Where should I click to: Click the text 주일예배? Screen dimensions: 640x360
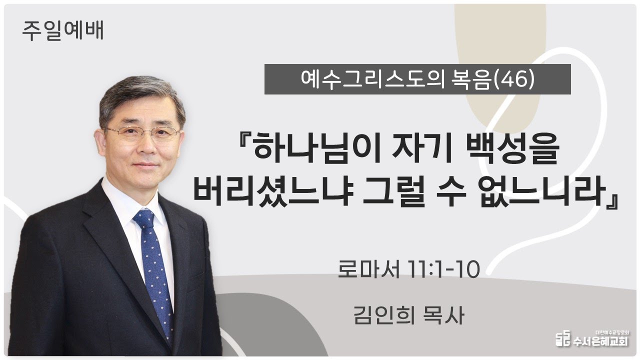coord(63,30)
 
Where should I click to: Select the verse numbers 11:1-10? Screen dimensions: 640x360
coord(444,269)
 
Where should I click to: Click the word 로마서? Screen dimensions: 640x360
coord(368,269)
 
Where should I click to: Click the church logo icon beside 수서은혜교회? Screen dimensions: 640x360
coord(563,338)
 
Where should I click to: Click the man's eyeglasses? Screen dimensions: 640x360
coord(143,134)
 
